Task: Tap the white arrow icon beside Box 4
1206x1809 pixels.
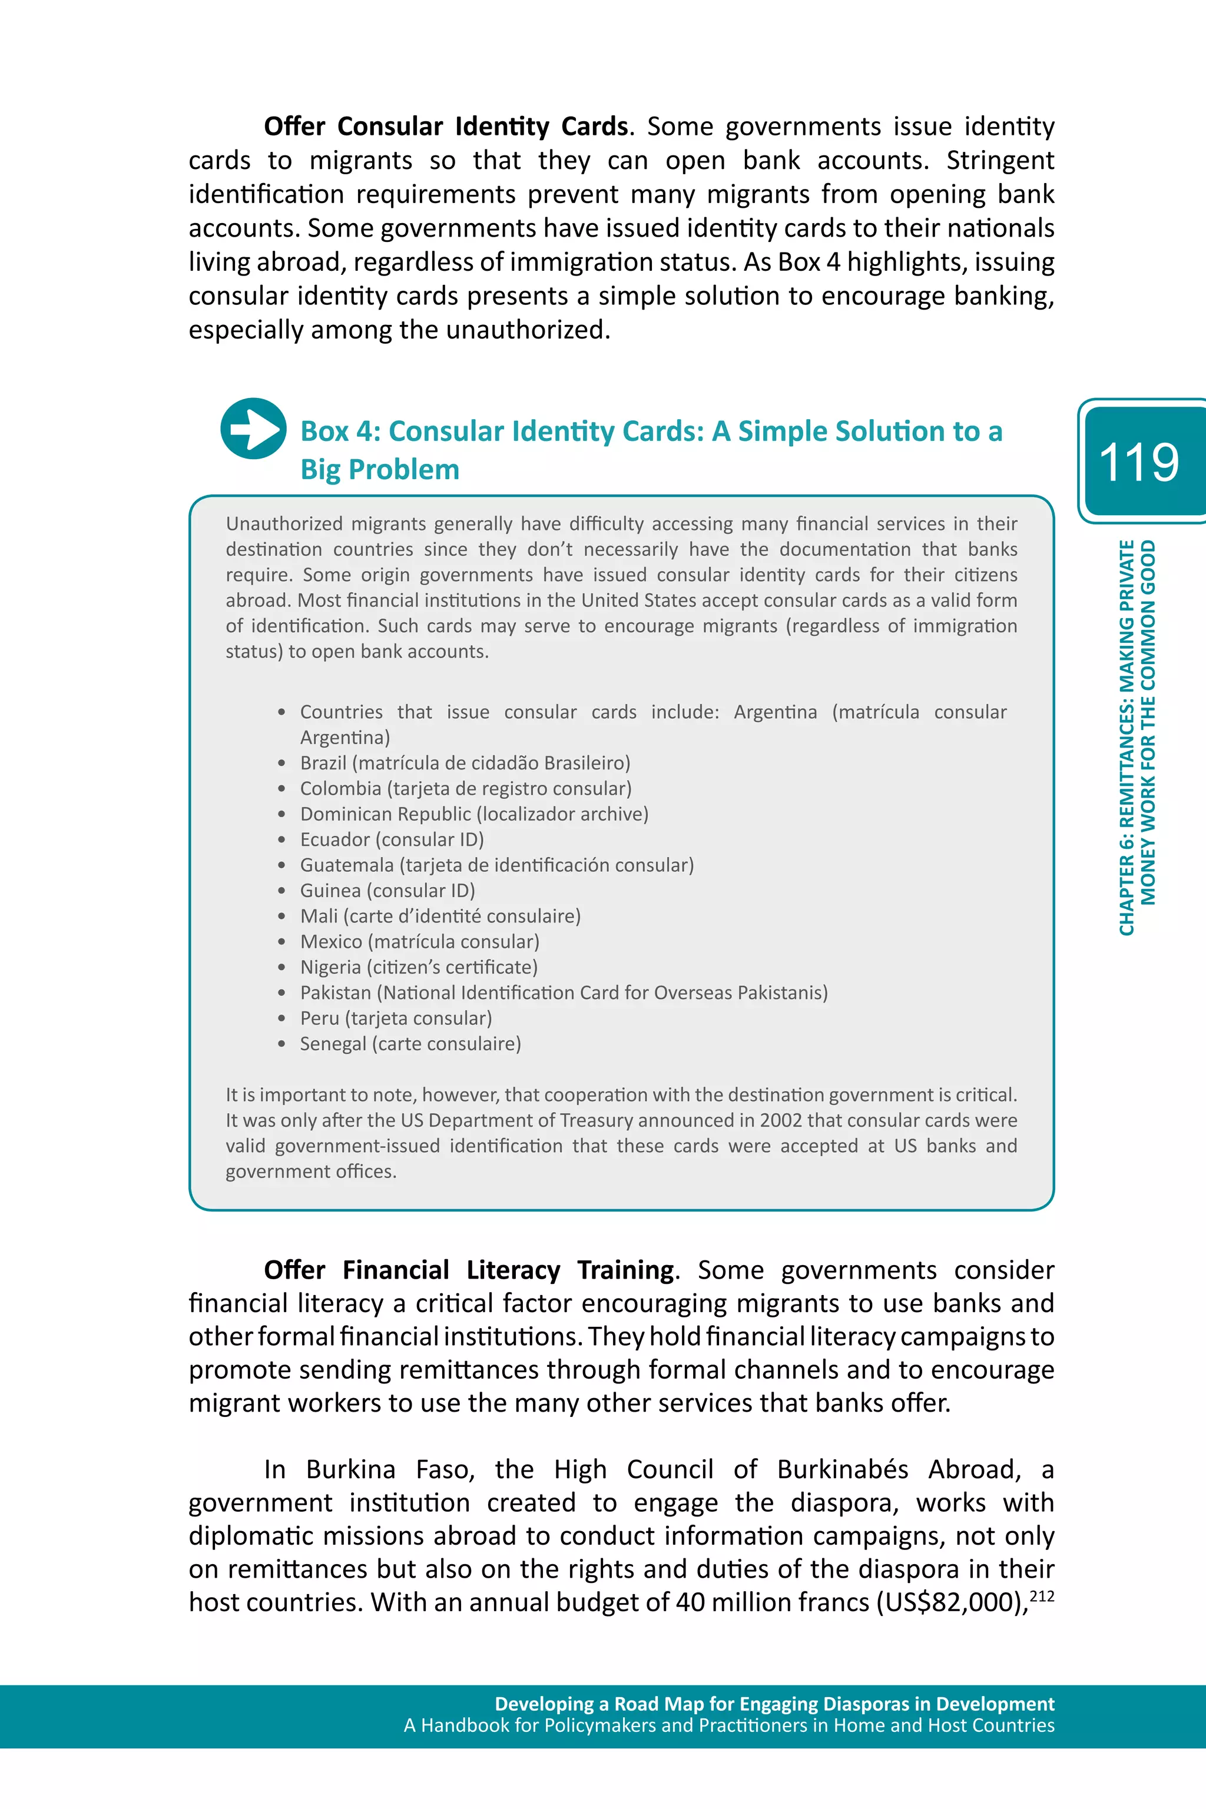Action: click(253, 428)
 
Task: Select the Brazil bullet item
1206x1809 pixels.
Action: click(465, 763)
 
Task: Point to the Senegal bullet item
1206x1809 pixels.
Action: click(410, 1043)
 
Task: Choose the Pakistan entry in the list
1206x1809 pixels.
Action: click(563, 993)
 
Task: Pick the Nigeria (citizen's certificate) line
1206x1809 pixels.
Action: click(419, 967)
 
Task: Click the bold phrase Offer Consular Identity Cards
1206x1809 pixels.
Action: click(446, 126)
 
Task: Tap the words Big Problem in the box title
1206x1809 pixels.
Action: click(380, 469)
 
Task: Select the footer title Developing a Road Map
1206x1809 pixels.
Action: click(774, 1704)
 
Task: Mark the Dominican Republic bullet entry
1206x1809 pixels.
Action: click(474, 814)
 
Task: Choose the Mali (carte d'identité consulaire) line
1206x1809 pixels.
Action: click(440, 917)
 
